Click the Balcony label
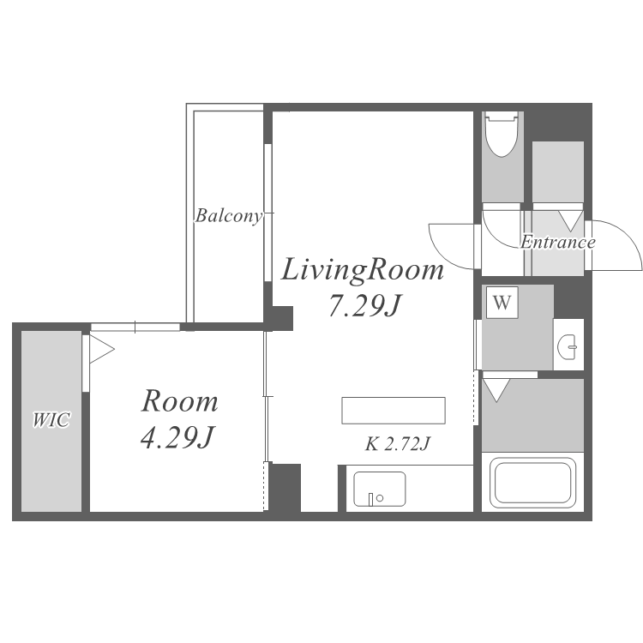227,215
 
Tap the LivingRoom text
364,270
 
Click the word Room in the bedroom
179,401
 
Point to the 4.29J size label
177,438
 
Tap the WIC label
51,420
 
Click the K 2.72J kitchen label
397,444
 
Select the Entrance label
557,242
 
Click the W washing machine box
502,303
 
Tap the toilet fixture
502,135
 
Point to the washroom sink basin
568,347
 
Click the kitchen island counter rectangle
394,411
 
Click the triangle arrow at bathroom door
496,390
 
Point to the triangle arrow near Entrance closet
570,219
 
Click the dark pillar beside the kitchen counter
285,487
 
